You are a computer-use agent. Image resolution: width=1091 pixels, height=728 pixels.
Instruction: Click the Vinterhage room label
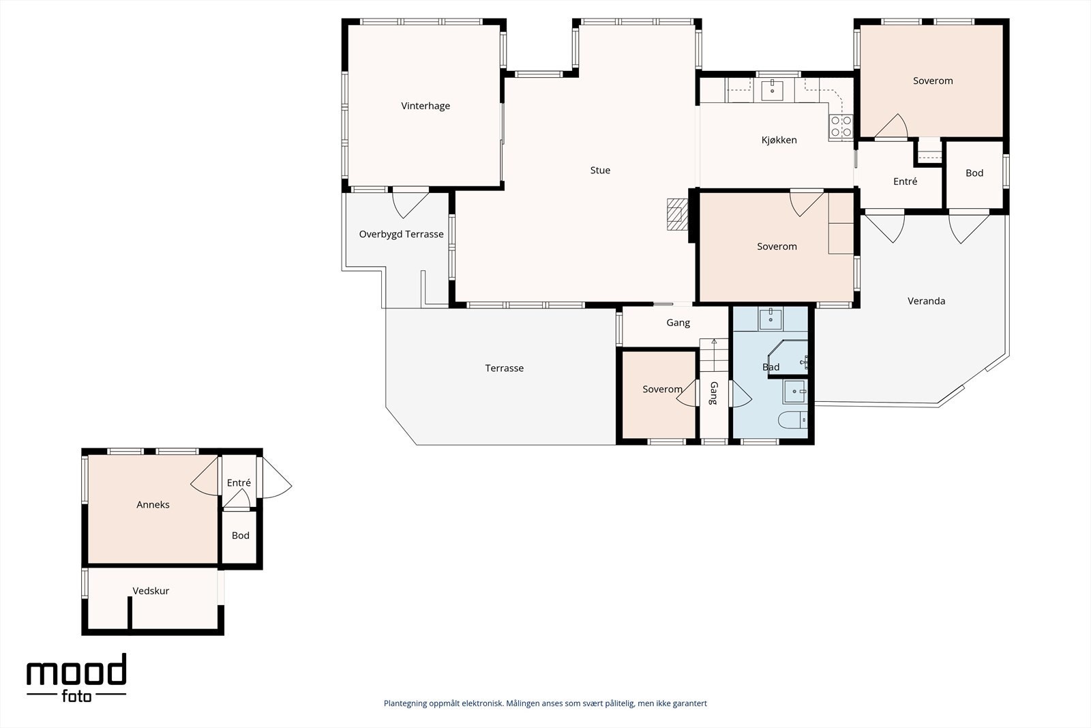[425, 106]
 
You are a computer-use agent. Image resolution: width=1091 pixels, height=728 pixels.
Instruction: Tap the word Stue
[600, 170]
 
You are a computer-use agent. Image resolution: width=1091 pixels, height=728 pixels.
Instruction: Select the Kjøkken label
[779, 140]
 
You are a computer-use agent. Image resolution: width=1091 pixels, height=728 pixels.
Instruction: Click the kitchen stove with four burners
[841, 126]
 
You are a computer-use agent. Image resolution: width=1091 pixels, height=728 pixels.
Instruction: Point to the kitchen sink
[772, 90]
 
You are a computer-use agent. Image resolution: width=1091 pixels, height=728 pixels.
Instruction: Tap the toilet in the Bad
[792, 420]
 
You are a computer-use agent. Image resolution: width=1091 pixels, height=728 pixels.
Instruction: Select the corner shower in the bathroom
[788, 359]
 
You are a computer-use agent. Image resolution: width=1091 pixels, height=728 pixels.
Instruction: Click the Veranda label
[926, 301]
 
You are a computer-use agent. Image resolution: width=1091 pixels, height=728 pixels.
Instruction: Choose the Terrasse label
[504, 368]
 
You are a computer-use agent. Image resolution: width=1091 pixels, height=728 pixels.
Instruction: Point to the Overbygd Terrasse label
[401, 234]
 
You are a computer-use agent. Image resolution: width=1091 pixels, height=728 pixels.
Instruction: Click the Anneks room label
[153, 504]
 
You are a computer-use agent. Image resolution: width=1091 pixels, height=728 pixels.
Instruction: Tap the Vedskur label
[151, 591]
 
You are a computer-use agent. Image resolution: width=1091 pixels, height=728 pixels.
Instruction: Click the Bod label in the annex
[240, 535]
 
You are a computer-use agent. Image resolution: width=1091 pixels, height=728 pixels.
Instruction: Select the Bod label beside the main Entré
[974, 173]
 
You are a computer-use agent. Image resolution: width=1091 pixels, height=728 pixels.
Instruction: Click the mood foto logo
[76, 678]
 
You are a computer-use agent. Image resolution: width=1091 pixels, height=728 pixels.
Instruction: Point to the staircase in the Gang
[714, 355]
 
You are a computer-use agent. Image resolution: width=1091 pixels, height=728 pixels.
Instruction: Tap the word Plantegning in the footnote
[406, 703]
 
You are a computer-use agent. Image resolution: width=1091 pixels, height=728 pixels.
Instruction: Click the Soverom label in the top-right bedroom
[933, 81]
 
